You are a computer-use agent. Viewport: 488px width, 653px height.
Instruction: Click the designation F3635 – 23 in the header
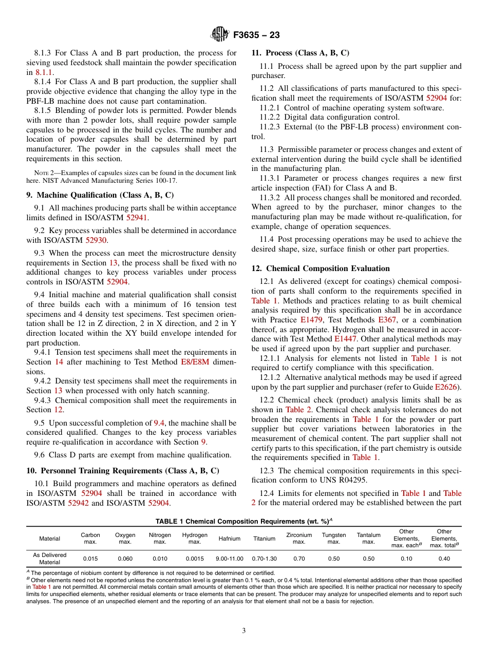[x=256, y=35]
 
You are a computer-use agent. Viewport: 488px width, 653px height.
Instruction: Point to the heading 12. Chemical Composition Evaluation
[x=321, y=268]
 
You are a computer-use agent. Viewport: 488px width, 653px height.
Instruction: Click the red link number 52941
[x=137, y=217]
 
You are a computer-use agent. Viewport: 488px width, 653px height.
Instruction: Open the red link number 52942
[x=78, y=503]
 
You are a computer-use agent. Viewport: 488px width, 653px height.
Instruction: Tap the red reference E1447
[x=345, y=338]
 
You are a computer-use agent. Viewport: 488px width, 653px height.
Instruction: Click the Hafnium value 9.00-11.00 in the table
[x=230, y=558]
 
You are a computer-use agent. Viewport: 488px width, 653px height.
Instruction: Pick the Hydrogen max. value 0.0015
[x=195, y=558]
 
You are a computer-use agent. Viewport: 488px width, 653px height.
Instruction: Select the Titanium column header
[x=265, y=539]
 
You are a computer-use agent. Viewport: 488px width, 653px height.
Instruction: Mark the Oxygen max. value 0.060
[x=125, y=558]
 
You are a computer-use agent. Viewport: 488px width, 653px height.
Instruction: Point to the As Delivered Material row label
[x=49, y=558]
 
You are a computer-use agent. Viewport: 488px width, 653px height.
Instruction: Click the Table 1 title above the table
[x=243, y=521]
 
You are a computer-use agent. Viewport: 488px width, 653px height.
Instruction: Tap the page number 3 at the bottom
[x=244, y=631]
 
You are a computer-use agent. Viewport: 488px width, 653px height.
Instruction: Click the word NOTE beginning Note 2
[x=41, y=173]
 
